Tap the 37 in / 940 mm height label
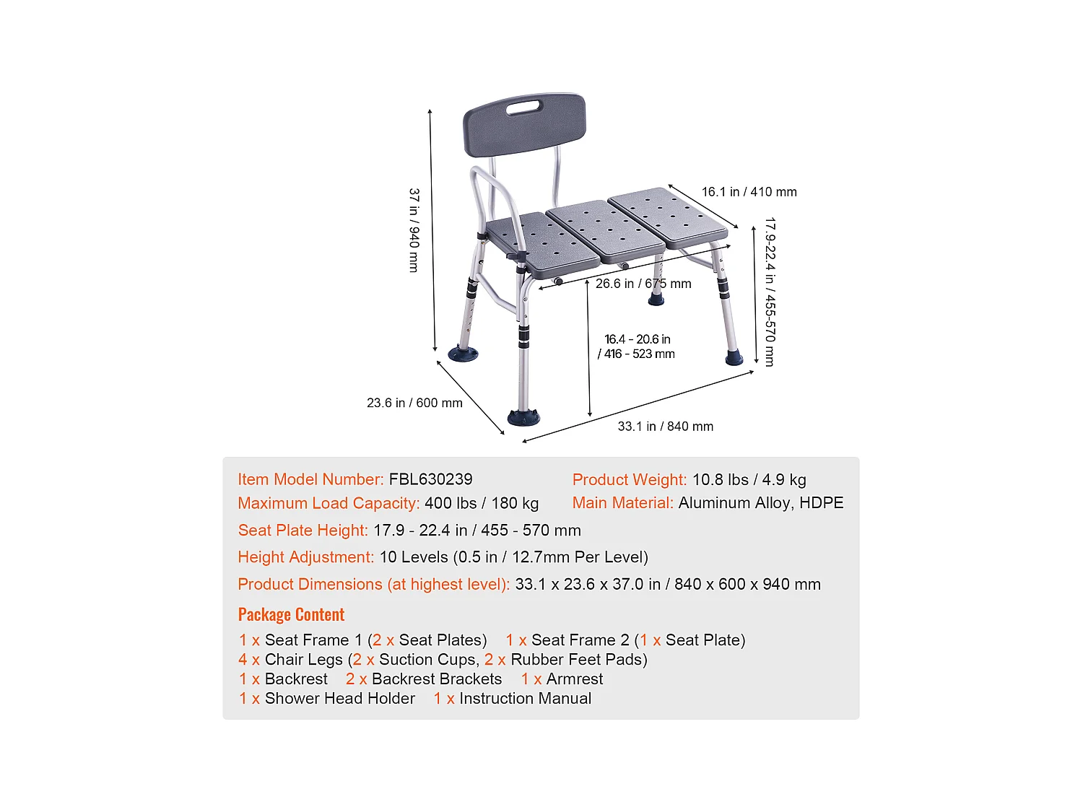(414, 230)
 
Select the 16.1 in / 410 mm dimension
(749, 192)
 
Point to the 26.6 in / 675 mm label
(643, 284)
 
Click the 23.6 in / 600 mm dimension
(414, 403)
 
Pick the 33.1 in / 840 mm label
(665, 427)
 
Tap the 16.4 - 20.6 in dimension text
(637, 339)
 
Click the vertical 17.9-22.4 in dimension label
(770, 292)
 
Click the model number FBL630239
(430, 479)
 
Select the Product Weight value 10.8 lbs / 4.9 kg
(749, 480)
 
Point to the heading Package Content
(291, 614)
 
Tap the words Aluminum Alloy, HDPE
(760, 503)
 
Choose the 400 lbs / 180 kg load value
(482, 503)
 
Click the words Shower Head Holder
(339, 699)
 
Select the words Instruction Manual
(525, 699)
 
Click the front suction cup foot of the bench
(523, 416)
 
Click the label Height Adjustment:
(305, 557)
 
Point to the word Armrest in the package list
(574, 679)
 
